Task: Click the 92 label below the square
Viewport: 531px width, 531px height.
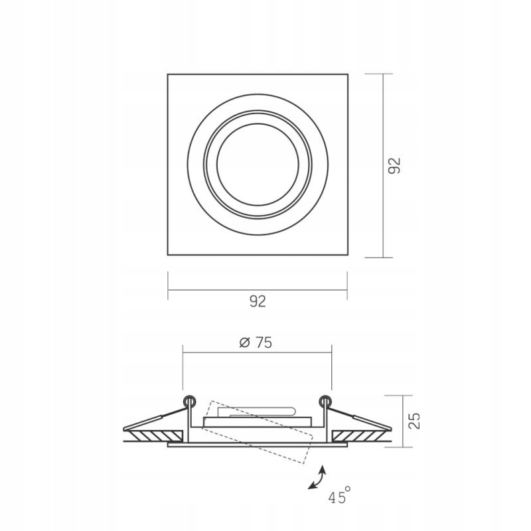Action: tap(258, 301)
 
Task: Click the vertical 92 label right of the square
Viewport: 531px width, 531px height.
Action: tap(394, 165)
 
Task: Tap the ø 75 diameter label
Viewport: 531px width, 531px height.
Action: tap(256, 342)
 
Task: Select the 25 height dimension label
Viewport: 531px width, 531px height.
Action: tap(414, 421)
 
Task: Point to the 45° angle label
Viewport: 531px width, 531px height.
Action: tap(339, 495)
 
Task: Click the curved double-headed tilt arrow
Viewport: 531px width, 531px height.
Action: tap(317, 477)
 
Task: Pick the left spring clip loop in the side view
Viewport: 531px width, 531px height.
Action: tap(189, 402)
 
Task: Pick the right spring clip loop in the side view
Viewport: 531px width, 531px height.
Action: tap(325, 402)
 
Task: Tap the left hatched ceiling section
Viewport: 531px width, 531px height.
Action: tap(156, 436)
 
